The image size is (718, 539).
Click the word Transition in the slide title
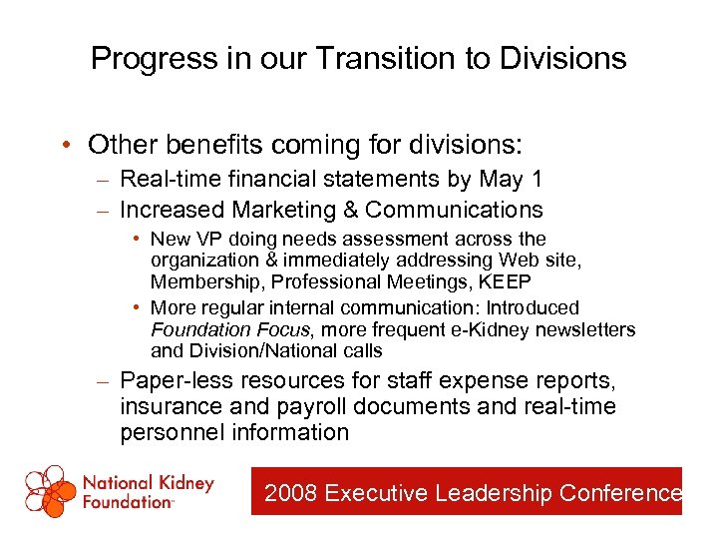tap(374, 58)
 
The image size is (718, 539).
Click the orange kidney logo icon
tap(50, 490)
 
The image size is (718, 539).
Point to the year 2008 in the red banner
tap(291, 493)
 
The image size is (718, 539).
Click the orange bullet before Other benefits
tap(65, 146)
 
